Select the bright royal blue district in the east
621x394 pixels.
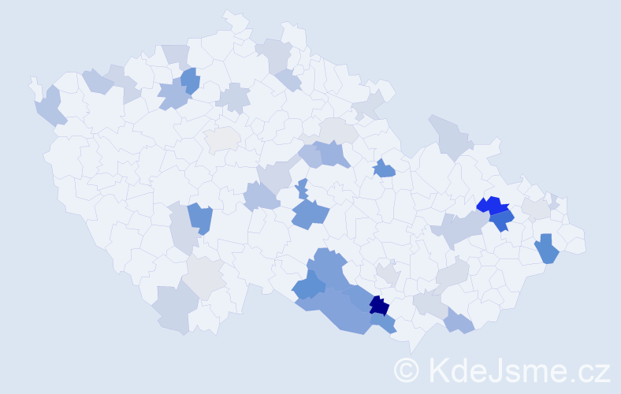click(x=492, y=206)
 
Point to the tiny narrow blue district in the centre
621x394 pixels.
click(x=303, y=188)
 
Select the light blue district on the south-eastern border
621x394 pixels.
click(x=459, y=321)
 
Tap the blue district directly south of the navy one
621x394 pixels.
click(x=383, y=322)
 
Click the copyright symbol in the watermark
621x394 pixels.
click(x=407, y=370)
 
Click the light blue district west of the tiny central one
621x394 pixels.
click(x=261, y=195)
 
